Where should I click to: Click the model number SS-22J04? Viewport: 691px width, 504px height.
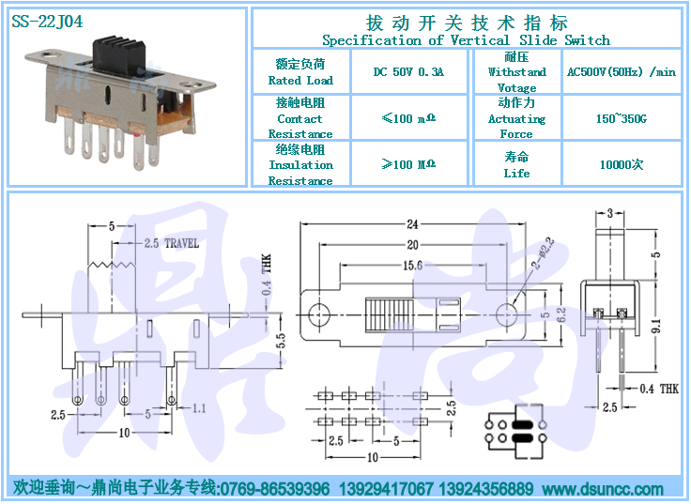[x=47, y=22]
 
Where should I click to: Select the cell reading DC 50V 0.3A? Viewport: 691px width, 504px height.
[x=408, y=72]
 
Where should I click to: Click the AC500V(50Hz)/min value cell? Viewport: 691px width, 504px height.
[x=621, y=72]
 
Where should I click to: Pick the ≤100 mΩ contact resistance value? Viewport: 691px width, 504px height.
[x=408, y=118]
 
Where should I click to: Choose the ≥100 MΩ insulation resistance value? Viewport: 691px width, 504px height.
[x=408, y=164]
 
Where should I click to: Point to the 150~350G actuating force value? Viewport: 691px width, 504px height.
[x=621, y=118]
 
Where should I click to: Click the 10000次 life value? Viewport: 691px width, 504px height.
[x=622, y=165]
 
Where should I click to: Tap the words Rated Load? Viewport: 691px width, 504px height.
[x=300, y=80]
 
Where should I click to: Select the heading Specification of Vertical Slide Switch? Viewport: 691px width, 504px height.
[x=467, y=40]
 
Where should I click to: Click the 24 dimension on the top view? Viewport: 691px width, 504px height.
[x=412, y=224]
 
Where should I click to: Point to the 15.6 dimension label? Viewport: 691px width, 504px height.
[x=412, y=266]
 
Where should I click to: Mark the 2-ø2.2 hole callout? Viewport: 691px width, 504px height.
[x=543, y=253]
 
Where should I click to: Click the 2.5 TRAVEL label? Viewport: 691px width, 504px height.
[x=172, y=243]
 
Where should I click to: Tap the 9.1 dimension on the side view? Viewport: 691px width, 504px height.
[x=655, y=327]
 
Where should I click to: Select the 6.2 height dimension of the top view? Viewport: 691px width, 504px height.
[x=561, y=315]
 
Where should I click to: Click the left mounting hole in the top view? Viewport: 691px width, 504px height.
[x=318, y=315]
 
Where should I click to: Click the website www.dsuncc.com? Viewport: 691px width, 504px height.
[x=603, y=489]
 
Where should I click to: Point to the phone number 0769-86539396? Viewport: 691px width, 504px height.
[x=274, y=489]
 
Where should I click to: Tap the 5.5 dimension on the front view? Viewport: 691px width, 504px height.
[x=281, y=341]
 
